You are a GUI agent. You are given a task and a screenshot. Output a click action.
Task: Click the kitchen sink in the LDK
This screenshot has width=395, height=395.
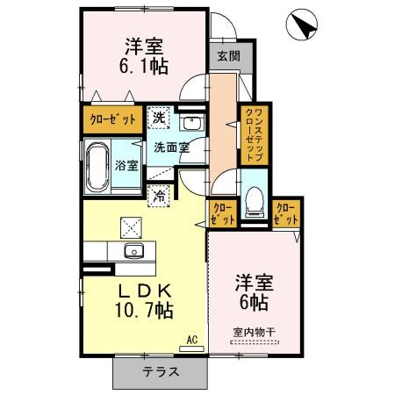tap(133, 253)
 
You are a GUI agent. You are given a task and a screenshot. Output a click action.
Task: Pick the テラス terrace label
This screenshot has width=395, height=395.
tap(162, 371)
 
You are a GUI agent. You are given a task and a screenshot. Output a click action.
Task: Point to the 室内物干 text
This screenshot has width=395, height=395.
tap(255, 331)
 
